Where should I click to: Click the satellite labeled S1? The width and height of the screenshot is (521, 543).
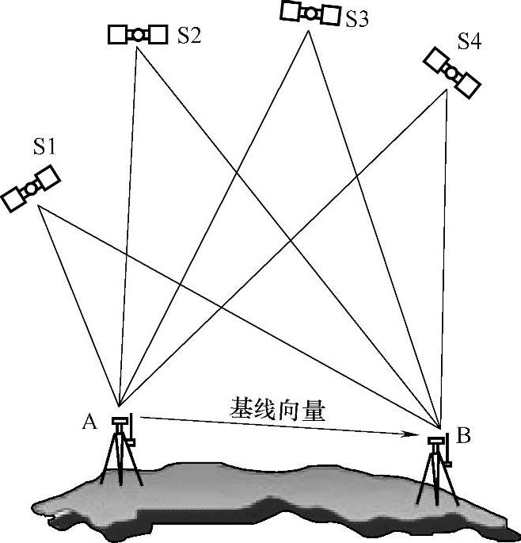tap(31, 188)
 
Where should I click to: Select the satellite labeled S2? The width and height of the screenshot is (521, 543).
tap(138, 34)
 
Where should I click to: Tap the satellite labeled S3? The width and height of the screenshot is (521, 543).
tap(310, 13)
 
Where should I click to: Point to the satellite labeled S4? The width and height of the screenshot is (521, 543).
tap(452, 72)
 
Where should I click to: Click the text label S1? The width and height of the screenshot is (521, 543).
tap(44, 146)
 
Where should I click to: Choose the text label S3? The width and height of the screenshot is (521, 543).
tap(356, 19)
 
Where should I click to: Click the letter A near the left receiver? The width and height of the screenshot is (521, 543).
tap(89, 422)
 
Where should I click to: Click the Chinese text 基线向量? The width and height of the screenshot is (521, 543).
tap(277, 408)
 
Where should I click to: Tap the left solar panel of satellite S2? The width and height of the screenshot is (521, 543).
tap(117, 34)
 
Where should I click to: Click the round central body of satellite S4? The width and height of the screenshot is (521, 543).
tap(452, 72)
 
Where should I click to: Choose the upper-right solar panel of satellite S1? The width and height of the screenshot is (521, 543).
tap(47, 178)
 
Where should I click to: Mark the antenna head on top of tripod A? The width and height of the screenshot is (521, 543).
tap(120, 420)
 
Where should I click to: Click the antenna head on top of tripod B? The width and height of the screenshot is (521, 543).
tap(435, 441)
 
